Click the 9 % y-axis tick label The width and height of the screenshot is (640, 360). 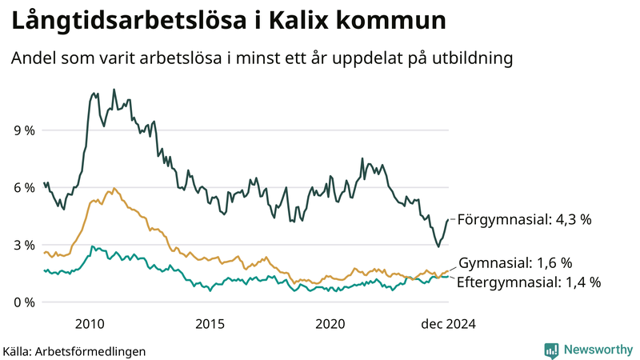(x=24, y=130)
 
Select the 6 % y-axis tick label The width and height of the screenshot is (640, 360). (x=24, y=187)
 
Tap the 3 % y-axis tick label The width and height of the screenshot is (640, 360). (x=24, y=245)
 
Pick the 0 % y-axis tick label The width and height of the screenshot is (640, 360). (x=24, y=302)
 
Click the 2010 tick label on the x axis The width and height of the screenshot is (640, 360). (x=90, y=323)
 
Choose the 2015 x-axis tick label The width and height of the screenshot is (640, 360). (x=210, y=323)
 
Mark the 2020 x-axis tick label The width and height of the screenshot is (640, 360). (x=330, y=323)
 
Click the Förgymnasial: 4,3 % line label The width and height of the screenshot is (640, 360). (x=523, y=219)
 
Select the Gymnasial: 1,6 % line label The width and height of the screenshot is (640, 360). (x=516, y=263)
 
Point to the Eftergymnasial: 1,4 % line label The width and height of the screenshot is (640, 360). (x=528, y=282)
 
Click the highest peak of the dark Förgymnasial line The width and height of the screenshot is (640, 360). (x=114, y=90)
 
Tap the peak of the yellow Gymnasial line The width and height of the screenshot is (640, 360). (x=114, y=188)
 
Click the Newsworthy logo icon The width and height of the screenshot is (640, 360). (x=551, y=350)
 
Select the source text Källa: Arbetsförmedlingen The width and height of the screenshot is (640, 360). (x=74, y=350)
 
